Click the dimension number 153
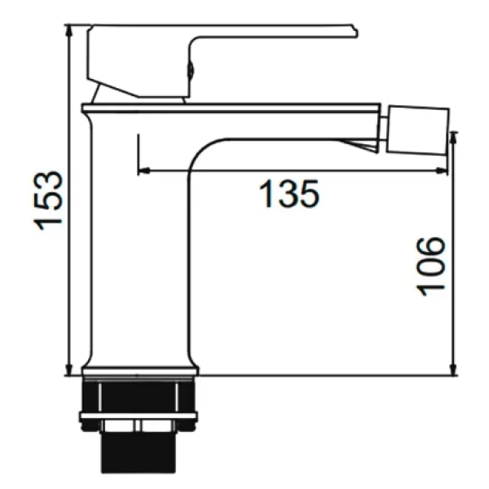point(48,200)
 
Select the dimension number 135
point(289,193)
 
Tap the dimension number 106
point(431,266)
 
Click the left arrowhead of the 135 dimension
point(144,170)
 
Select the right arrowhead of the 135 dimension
point(441,170)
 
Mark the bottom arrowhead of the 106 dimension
point(454,369)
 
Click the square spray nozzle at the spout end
point(418,130)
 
